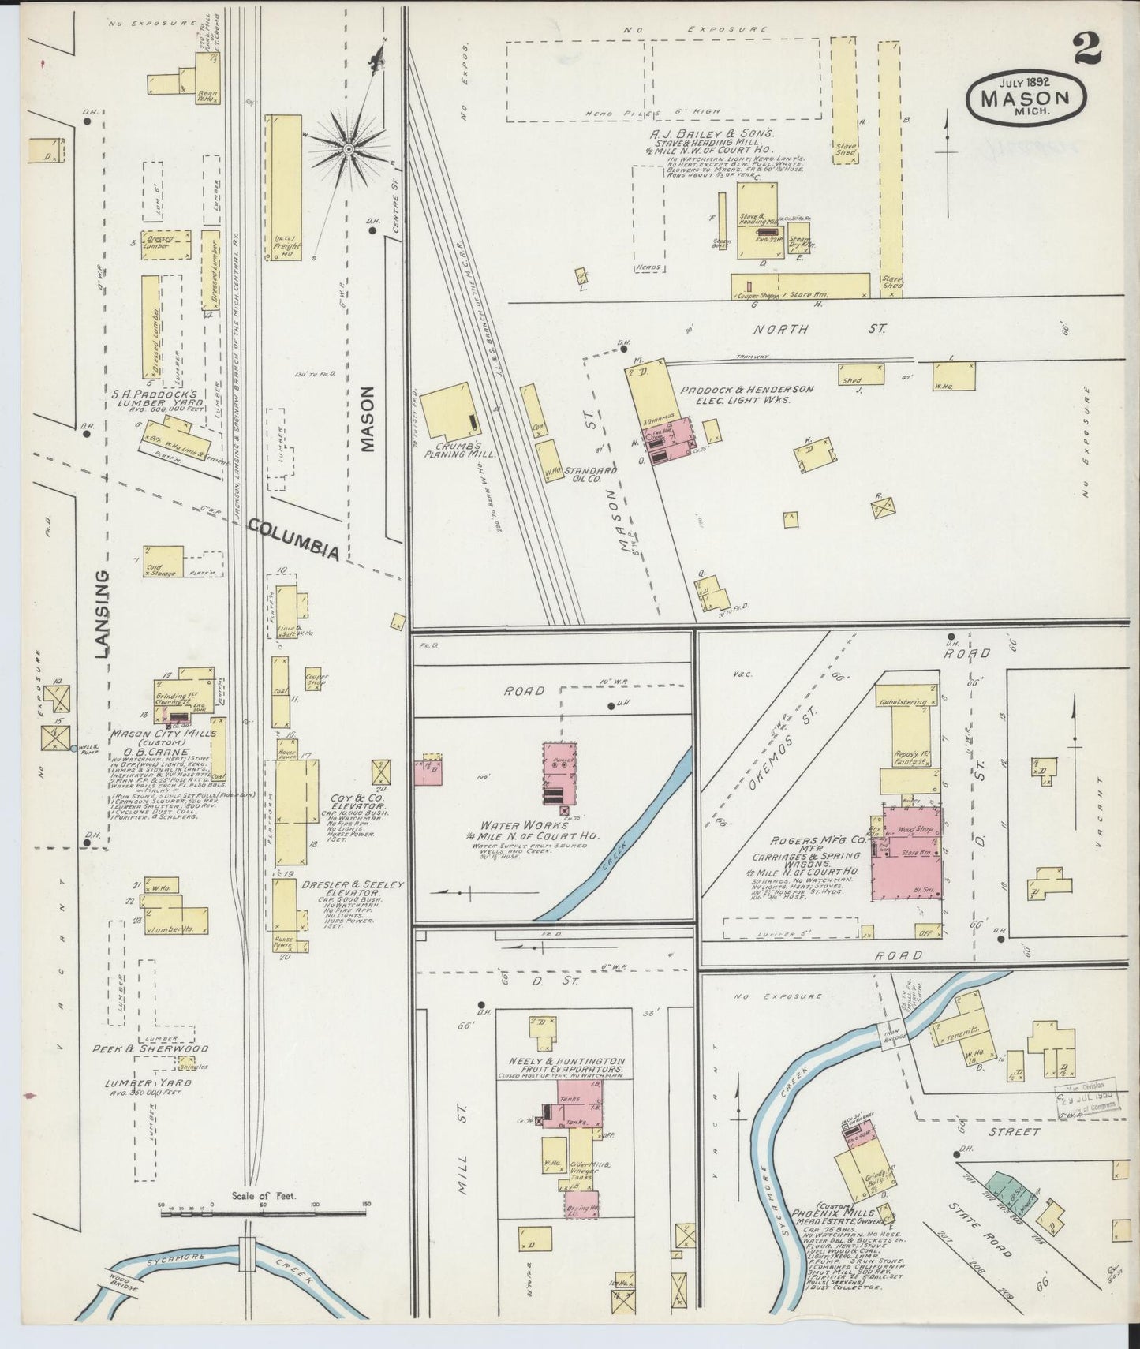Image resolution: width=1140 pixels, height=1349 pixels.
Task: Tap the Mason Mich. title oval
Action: click(1025, 98)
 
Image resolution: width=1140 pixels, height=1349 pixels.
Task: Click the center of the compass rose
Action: click(347, 148)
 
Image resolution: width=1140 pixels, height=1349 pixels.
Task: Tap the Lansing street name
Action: click(100, 614)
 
